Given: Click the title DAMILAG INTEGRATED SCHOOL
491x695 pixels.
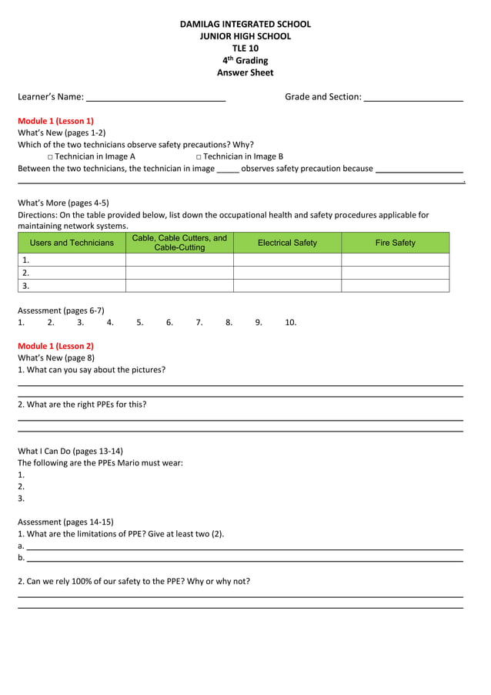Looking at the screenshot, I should pyautogui.click(x=245, y=24).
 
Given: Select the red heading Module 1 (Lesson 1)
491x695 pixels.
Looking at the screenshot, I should pyautogui.click(x=55, y=121).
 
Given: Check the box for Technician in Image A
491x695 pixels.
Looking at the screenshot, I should pyautogui.click(x=50, y=156).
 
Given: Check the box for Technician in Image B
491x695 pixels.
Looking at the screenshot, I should pyautogui.click(x=199, y=156).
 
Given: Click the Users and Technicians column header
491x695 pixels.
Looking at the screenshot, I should pyautogui.click(x=72, y=243).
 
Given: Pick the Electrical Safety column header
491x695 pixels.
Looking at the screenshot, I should pyautogui.click(x=287, y=243).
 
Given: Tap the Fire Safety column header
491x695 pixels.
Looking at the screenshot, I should pyautogui.click(x=395, y=243).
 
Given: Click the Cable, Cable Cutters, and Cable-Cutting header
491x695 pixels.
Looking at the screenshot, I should pyautogui.click(x=179, y=243).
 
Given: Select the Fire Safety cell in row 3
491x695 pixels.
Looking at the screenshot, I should pyautogui.click(x=395, y=285).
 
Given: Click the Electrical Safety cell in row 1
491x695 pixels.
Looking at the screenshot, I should pyautogui.click(x=287, y=260).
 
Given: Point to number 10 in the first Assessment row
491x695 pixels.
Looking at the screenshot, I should pyautogui.click(x=290, y=323).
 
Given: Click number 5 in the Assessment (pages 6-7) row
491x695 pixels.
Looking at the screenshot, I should pyautogui.click(x=140, y=323).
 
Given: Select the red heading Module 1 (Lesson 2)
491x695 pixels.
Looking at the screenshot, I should pyautogui.click(x=55, y=346).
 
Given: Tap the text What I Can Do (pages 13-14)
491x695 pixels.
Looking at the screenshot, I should pyautogui.click(x=70, y=451).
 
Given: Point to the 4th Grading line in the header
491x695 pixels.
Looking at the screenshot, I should pyautogui.click(x=245, y=60).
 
